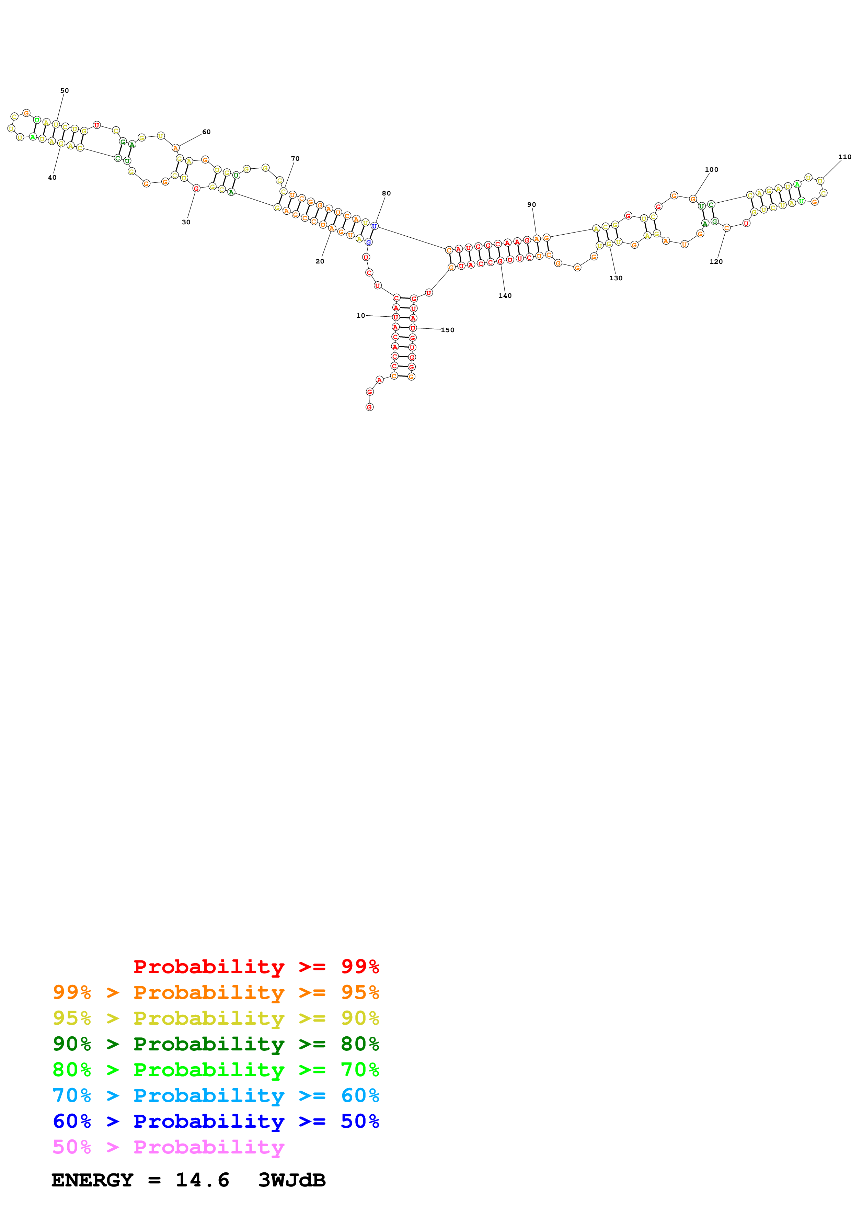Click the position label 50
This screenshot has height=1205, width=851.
click(65, 91)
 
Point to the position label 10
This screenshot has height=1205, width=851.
click(361, 315)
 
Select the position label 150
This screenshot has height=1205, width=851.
click(447, 330)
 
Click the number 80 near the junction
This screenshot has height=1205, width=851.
click(387, 193)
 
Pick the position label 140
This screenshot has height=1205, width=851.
click(505, 295)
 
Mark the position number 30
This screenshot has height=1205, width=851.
click(186, 222)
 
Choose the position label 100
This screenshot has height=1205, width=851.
click(712, 170)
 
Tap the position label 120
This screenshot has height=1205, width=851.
click(716, 261)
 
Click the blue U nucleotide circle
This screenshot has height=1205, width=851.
click(375, 226)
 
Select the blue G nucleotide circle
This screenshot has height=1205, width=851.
click(369, 242)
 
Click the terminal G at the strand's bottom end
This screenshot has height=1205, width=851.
click(370, 407)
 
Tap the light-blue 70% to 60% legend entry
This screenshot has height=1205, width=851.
click(216, 1095)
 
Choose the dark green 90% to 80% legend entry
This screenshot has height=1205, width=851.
click(216, 1044)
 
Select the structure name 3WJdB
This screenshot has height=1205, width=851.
click(292, 1180)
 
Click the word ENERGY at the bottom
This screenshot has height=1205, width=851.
click(92, 1180)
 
